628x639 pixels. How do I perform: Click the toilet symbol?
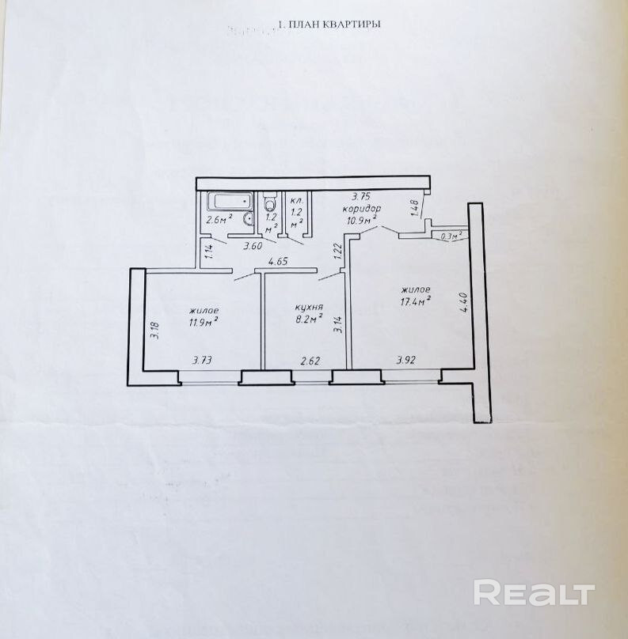(270, 201)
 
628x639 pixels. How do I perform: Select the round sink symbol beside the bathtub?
(247, 219)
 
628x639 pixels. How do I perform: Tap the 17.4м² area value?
(415, 301)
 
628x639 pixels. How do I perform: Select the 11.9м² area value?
(204, 322)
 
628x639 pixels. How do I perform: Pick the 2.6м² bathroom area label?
(219, 221)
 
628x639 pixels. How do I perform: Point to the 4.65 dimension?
(278, 261)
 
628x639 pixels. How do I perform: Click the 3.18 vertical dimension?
(156, 328)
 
